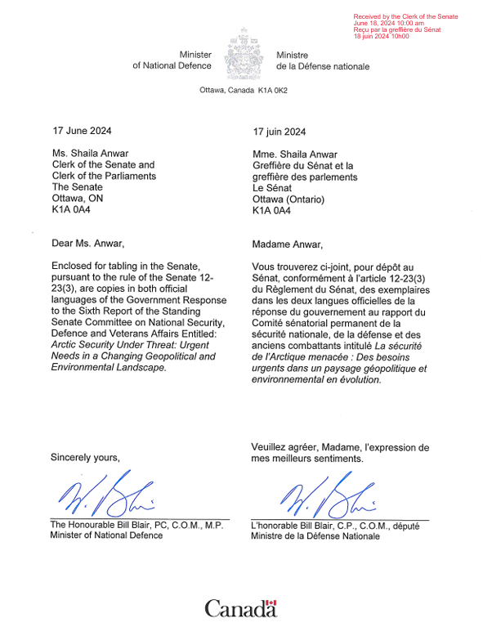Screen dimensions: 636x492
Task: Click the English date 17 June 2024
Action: tap(82, 131)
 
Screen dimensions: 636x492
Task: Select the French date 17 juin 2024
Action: tap(280, 132)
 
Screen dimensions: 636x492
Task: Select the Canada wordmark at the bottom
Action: tap(240, 609)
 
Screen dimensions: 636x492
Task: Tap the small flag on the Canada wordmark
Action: tap(272, 603)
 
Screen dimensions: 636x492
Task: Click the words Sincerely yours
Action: tap(85, 457)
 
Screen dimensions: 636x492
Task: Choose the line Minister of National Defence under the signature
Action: tap(106, 535)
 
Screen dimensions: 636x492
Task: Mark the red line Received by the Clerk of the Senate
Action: tap(405, 16)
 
